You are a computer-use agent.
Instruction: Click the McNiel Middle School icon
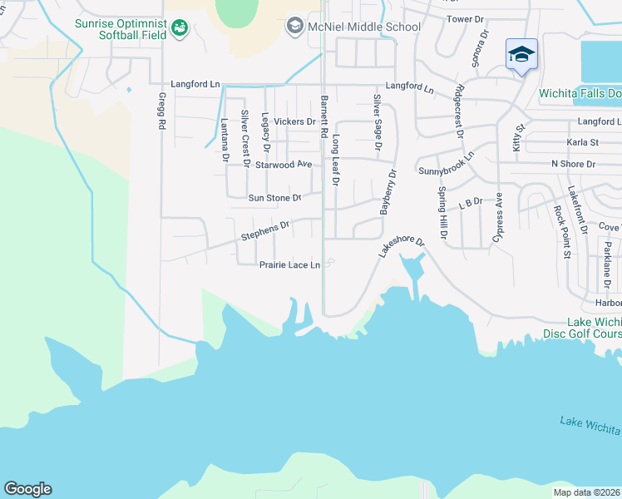[294, 27]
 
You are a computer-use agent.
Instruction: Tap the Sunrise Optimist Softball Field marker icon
[179, 29]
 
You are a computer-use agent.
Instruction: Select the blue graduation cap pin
[521, 55]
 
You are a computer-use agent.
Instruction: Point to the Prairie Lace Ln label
[289, 265]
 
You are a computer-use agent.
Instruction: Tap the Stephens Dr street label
[264, 230]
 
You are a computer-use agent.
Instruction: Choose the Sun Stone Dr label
[274, 198]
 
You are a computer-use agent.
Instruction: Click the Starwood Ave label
[283, 165]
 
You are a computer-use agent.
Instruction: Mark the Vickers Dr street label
[294, 121]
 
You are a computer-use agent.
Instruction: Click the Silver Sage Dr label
[377, 121]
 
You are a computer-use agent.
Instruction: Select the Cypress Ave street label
[498, 217]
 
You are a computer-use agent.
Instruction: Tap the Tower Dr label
[465, 18]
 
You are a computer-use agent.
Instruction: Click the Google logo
[27, 489]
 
